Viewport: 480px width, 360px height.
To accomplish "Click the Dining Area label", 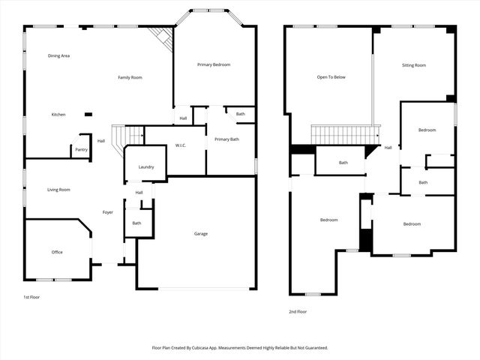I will pyautogui.click(x=58, y=56).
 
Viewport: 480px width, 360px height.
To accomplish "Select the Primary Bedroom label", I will pyautogui.click(x=214, y=64).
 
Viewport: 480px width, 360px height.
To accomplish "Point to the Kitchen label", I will pyautogui.click(x=58, y=115).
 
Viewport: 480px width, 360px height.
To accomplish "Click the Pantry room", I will pyautogui.click(x=81, y=149).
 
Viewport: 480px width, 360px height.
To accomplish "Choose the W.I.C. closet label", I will pyautogui.click(x=181, y=145).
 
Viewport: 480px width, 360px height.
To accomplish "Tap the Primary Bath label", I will pyautogui.click(x=226, y=139).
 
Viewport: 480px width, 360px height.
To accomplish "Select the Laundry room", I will pyautogui.click(x=146, y=166).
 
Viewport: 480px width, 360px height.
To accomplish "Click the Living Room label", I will pyautogui.click(x=58, y=190).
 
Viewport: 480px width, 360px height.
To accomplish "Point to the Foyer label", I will pyautogui.click(x=108, y=212).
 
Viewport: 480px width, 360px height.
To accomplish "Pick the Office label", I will pyautogui.click(x=57, y=252).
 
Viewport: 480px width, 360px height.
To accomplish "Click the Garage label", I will pyautogui.click(x=201, y=234).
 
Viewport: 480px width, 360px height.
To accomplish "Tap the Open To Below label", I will pyautogui.click(x=331, y=76).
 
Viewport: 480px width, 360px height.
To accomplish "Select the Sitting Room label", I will pyautogui.click(x=414, y=65).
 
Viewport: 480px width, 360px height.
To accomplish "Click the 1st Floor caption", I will pyautogui.click(x=31, y=297).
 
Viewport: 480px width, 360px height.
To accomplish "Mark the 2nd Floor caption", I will pyautogui.click(x=298, y=311).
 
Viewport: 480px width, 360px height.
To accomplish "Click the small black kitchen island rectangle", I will pyautogui.click(x=88, y=115).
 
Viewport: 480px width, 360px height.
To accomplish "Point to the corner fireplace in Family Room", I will pyautogui.click(x=161, y=37).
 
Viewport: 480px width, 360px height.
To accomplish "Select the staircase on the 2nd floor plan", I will pyautogui.click(x=344, y=135).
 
